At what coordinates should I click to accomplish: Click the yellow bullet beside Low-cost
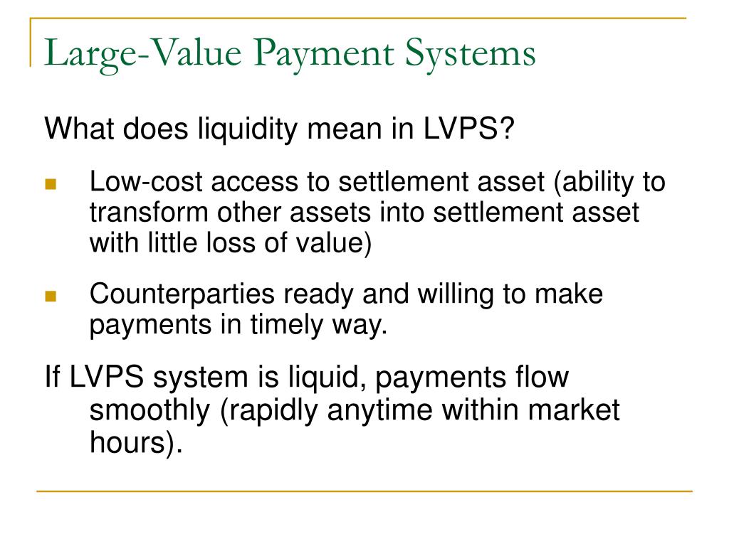point(50,184)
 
